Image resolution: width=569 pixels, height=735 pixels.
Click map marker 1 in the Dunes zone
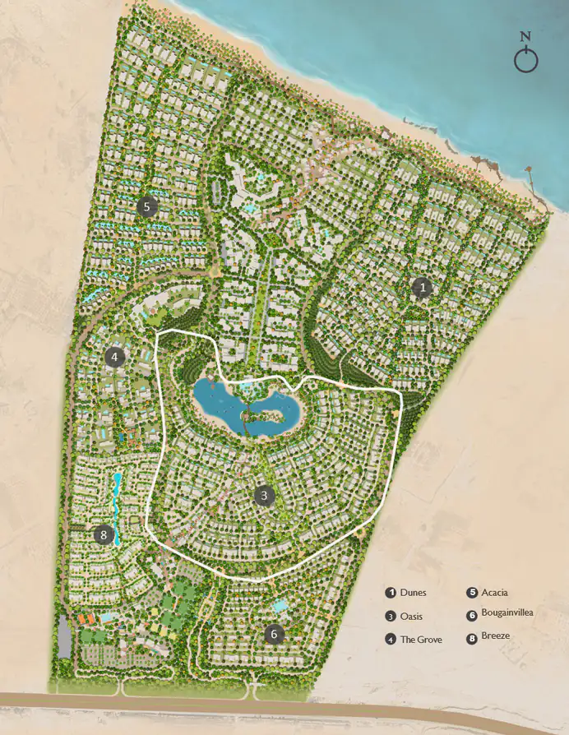click(423, 288)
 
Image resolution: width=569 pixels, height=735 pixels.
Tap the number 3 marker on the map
click(264, 496)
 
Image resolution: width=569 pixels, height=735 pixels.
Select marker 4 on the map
click(115, 357)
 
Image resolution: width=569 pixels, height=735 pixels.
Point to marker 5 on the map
click(146, 206)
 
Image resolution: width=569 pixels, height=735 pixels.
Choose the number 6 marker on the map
click(274, 634)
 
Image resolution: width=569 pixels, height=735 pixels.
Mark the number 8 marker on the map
click(103, 535)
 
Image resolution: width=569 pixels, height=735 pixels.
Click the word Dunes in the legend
click(414, 593)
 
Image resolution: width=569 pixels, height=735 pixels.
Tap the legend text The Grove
click(421, 639)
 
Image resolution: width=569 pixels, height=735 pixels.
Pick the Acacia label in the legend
click(495, 592)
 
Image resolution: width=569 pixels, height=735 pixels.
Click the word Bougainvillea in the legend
click(510, 613)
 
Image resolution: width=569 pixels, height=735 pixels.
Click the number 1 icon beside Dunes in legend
click(391, 593)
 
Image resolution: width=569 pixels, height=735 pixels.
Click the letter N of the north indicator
click(526, 37)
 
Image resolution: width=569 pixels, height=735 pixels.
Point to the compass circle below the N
click(526, 60)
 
